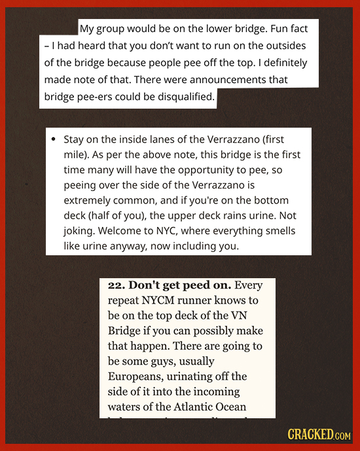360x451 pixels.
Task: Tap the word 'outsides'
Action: tap(297, 46)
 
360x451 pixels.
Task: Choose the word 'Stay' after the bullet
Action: tap(73, 139)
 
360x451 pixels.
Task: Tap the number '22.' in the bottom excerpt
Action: tap(116, 285)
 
